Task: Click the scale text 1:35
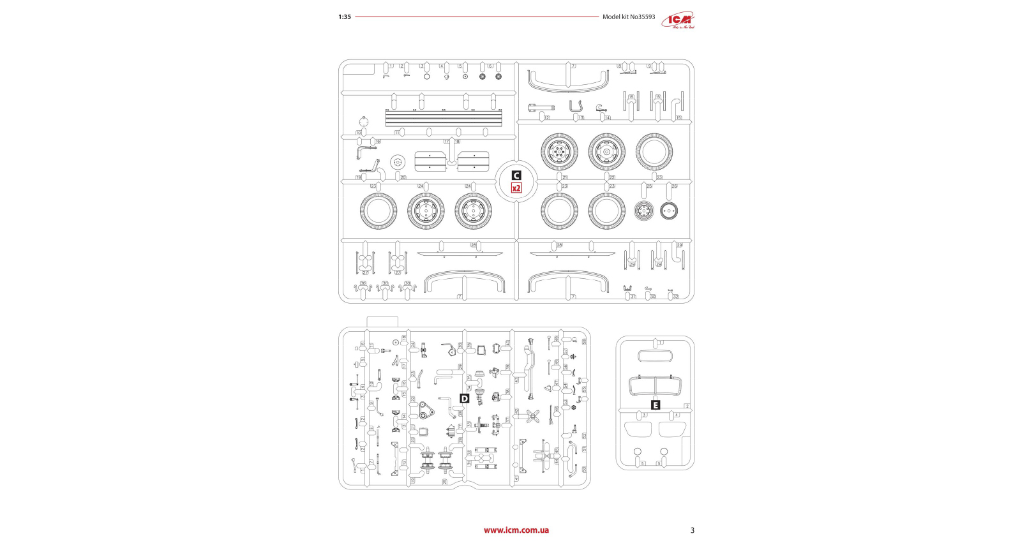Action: point(345,17)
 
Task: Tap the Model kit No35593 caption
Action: point(628,17)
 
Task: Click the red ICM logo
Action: point(678,20)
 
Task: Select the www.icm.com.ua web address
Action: point(516,530)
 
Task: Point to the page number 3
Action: point(692,530)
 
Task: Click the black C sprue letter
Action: point(516,175)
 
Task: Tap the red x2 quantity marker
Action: point(516,188)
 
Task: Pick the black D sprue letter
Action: point(465,399)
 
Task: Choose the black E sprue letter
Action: point(655,405)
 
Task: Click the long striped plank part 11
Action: point(444,118)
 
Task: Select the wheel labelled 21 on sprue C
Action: point(559,152)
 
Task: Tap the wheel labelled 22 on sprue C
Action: point(606,152)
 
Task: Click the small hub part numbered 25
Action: point(644,210)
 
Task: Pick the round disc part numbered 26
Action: point(669,210)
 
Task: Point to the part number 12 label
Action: point(547,118)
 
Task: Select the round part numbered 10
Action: point(364,123)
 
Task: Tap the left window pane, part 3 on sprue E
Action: point(638,429)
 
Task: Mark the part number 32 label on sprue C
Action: point(675,297)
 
